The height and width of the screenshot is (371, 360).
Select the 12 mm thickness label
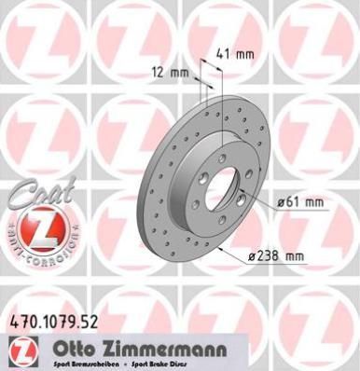click(x=170, y=71)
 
